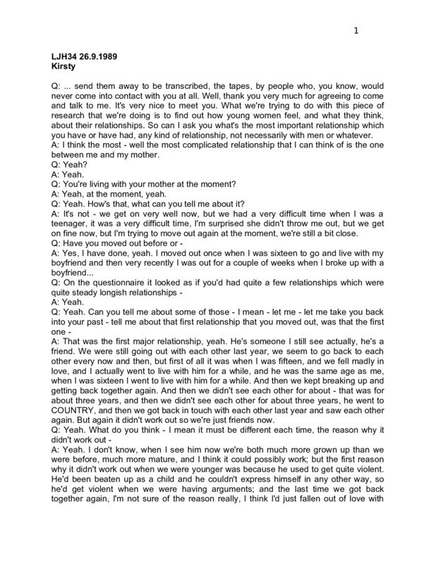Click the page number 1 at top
pyautogui.click(x=357, y=30)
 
